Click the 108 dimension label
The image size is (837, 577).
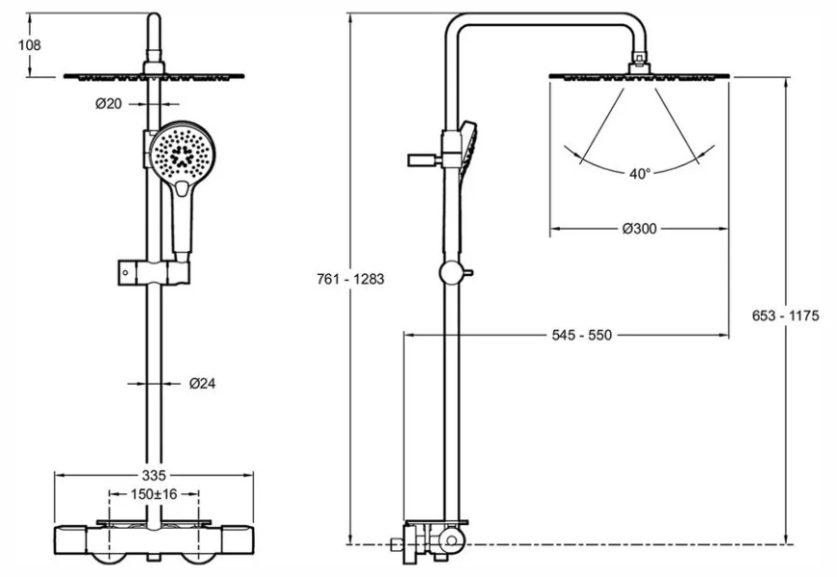click(30, 44)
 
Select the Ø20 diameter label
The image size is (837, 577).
click(109, 105)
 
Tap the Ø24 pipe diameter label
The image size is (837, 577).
click(202, 383)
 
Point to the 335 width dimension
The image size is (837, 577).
click(155, 474)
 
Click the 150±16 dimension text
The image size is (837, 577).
click(154, 494)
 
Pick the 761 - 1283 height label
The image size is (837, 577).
click(350, 280)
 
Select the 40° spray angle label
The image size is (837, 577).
click(640, 174)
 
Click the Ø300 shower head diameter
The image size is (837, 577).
click(640, 229)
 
